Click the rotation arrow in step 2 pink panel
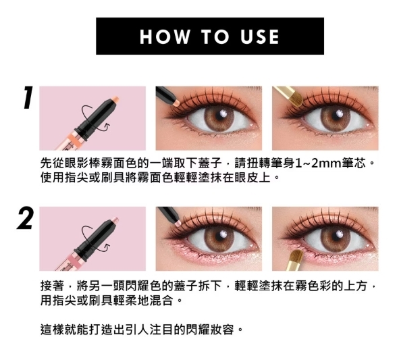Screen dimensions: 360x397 (84, 237)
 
